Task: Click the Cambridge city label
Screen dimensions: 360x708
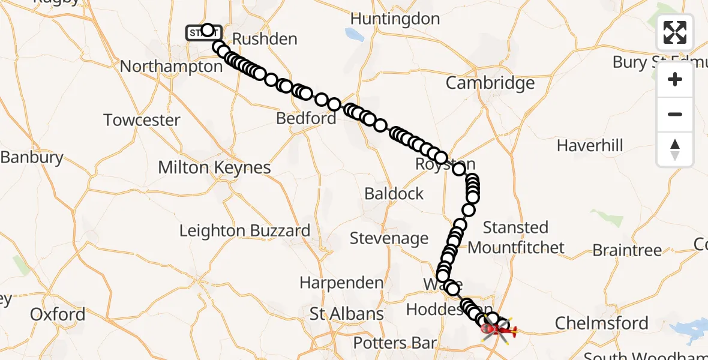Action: point(490,83)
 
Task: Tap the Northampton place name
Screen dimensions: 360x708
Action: point(171,66)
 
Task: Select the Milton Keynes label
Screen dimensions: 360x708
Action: point(214,167)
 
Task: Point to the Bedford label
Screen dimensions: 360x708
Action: point(306,118)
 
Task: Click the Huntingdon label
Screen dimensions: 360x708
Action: point(395,19)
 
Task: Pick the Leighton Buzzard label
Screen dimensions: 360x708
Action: point(245,230)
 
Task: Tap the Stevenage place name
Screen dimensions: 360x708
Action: point(389,238)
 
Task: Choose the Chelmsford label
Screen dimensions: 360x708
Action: point(601,323)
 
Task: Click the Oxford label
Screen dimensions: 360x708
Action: point(58,314)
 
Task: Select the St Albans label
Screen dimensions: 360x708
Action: point(347,313)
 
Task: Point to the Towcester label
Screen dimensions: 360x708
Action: point(142,120)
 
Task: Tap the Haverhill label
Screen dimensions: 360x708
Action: point(590,145)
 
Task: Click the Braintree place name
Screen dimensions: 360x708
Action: point(627,250)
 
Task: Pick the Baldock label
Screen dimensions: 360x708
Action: point(394,194)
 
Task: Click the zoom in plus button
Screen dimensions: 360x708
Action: point(675,80)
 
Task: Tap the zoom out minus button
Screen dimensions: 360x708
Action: point(675,115)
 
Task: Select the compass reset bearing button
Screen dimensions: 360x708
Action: point(675,149)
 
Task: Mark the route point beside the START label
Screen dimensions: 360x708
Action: point(208,30)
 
